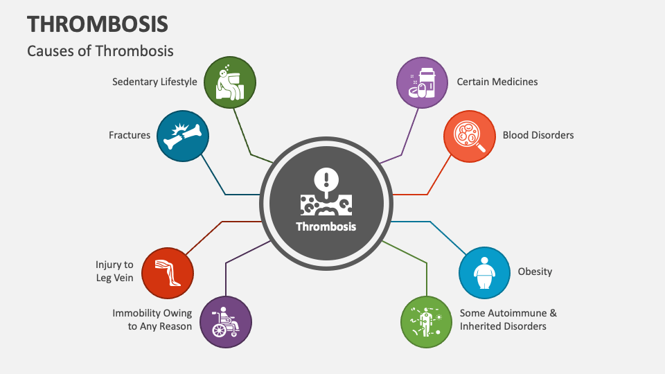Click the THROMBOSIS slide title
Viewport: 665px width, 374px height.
98,24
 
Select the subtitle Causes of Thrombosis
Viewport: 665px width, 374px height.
100,51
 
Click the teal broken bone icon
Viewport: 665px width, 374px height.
182,136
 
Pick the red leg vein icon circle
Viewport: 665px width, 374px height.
167,272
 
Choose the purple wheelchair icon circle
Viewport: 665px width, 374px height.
226,322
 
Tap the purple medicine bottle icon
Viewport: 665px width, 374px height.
422,82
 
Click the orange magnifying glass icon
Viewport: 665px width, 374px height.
469,135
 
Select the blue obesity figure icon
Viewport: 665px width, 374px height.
485,272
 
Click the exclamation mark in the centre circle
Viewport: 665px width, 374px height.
325,180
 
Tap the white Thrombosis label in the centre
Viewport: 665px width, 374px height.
326,226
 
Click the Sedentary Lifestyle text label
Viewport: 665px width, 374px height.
154,82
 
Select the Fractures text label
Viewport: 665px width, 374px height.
130,135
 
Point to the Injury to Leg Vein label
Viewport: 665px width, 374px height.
114,271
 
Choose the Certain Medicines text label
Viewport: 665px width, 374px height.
497,82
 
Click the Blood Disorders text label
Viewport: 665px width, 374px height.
538,135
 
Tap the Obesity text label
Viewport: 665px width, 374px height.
535,271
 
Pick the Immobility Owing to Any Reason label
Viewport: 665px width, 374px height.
152,320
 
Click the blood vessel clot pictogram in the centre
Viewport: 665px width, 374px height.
326,203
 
